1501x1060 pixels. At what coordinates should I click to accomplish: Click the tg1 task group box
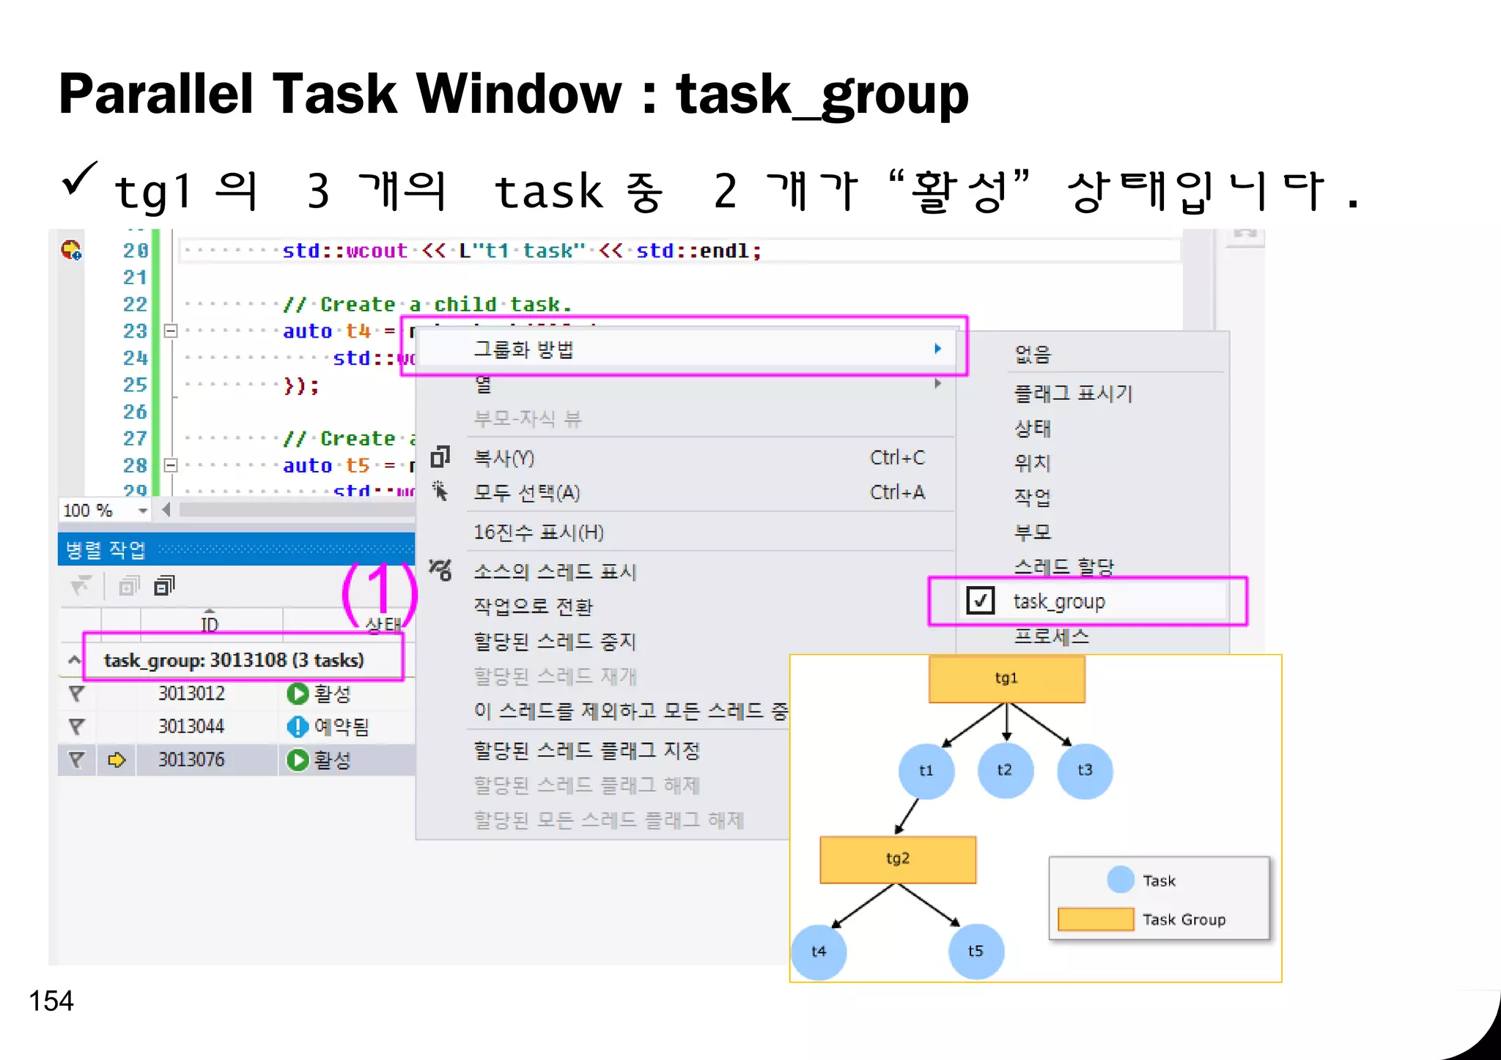[1006, 678]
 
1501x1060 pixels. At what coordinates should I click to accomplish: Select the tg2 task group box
[898, 859]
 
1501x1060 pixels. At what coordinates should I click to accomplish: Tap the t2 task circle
[1005, 770]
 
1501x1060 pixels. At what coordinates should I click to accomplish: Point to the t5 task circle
[976, 952]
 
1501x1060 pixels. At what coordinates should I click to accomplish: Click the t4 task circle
[819, 952]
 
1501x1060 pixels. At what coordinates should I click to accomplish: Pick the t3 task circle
[1085, 770]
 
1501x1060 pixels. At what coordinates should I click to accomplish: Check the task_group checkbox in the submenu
[981, 601]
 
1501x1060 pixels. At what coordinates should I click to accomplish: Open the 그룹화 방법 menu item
[523, 349]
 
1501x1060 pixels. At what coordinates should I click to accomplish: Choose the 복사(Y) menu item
[504, 459]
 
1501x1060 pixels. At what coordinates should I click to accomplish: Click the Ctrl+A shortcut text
[897, 492]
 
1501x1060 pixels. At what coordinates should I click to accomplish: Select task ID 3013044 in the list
[191, 726]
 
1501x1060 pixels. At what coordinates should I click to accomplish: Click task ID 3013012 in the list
[191, 693]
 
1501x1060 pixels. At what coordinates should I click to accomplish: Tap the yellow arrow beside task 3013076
[117, 760]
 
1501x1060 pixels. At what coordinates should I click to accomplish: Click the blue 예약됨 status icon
[298, 726]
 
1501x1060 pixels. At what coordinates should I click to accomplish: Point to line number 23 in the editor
[135, 331]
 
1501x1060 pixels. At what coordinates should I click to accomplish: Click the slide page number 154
[51, 1001]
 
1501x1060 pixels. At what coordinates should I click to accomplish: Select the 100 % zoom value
[88, 510]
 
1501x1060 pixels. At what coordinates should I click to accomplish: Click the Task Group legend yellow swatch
[1096, 919]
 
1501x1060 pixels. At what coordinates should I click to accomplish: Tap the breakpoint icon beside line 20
[71, 251]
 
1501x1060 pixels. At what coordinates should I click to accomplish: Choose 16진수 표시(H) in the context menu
[539, 533]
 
